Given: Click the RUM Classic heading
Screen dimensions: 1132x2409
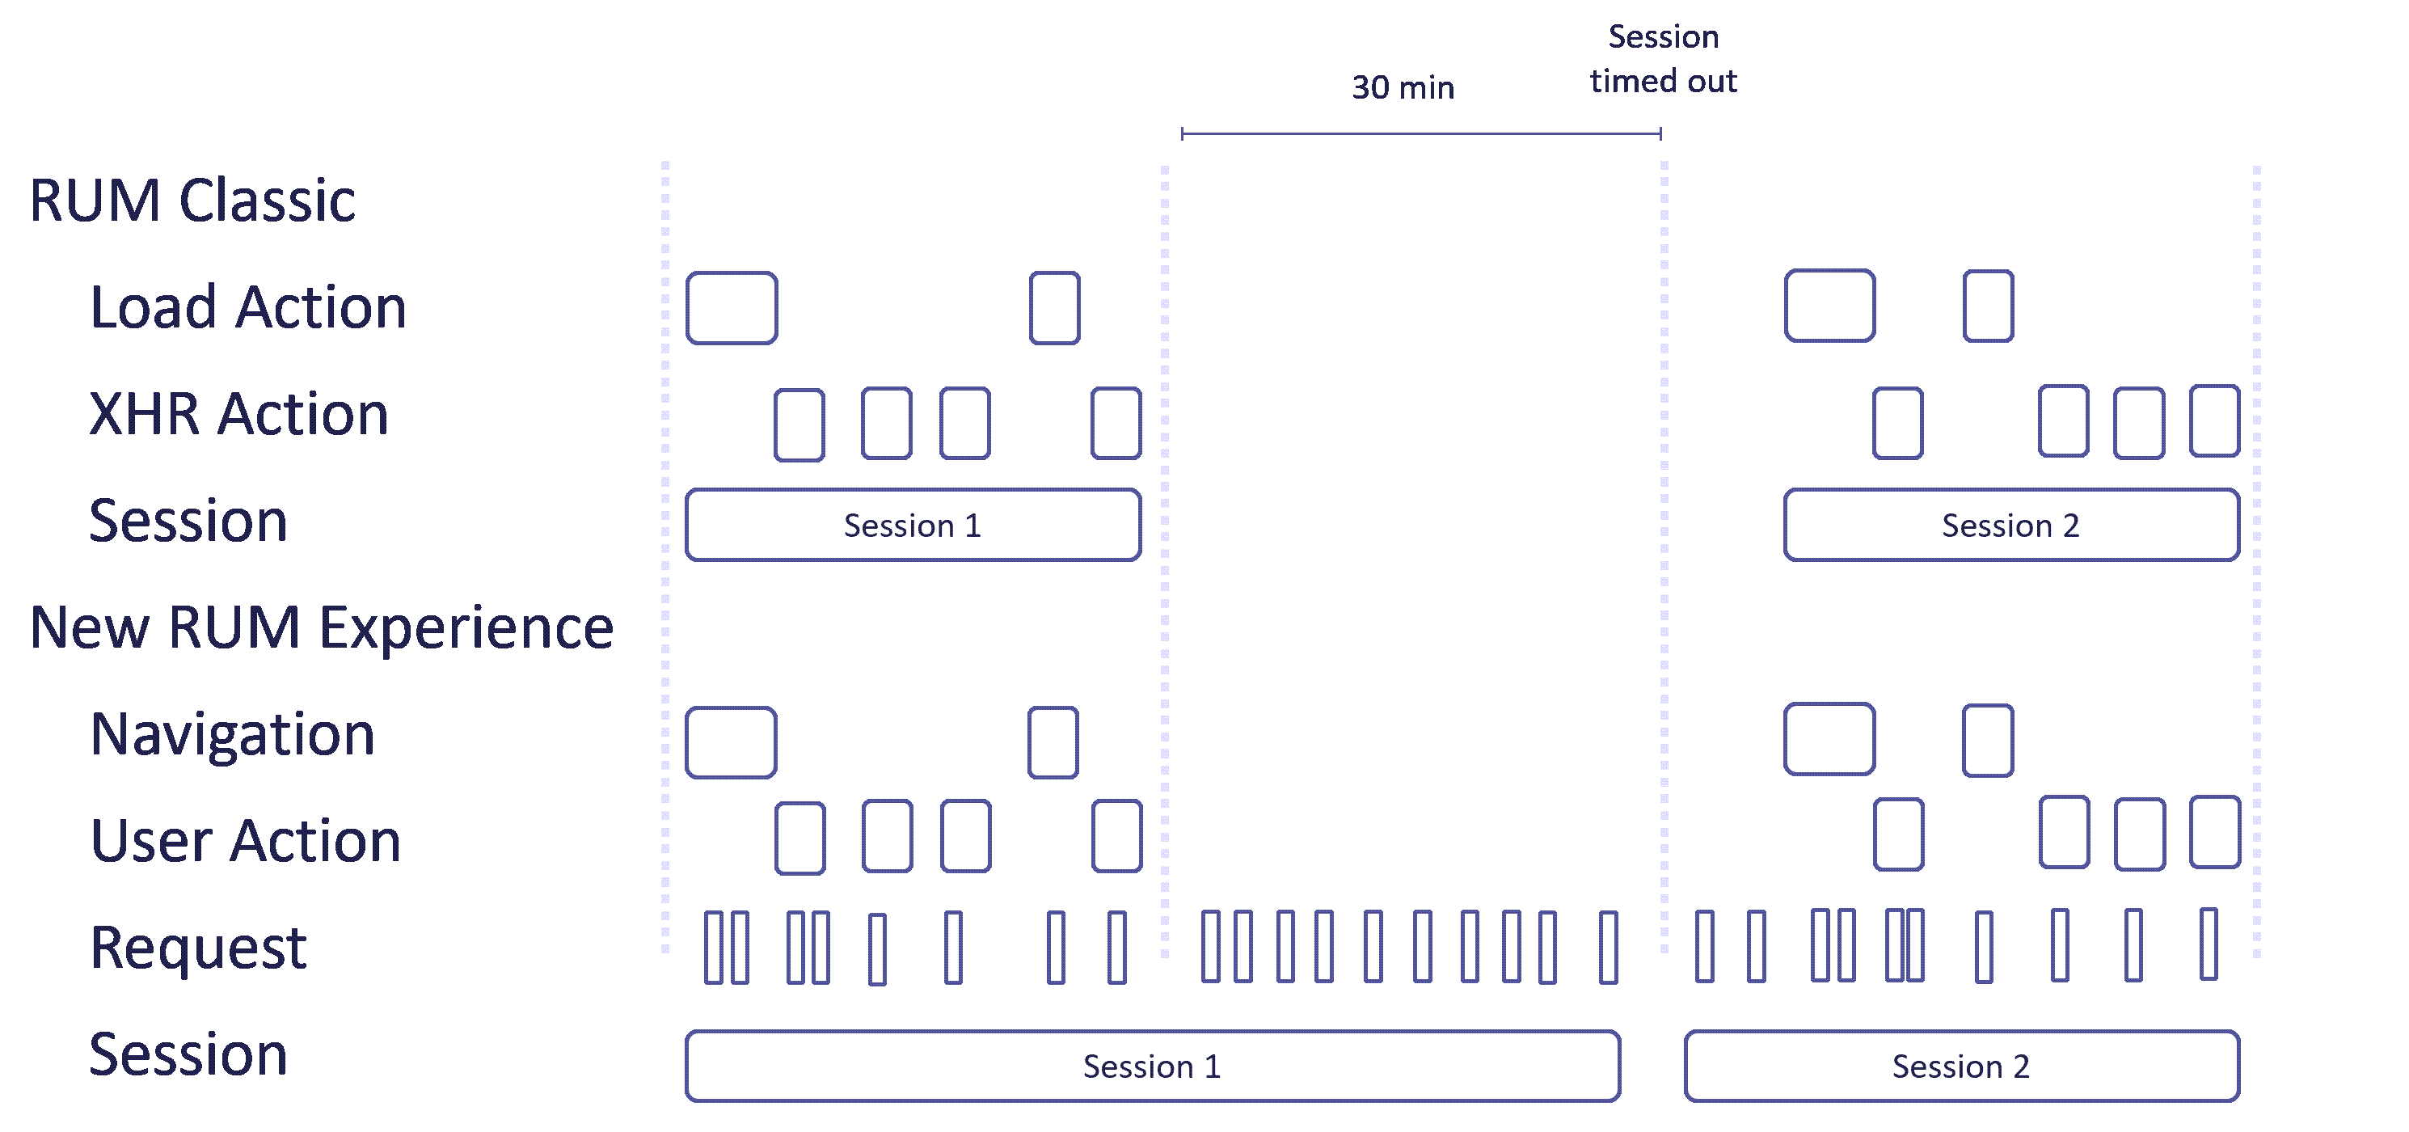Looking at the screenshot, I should pyautogui.click(x=192, y=201).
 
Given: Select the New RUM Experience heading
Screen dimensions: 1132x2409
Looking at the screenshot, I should pyautogui.click(x=322, y=627).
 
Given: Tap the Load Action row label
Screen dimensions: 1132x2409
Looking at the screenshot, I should pyautogui.click(x=248, y=307).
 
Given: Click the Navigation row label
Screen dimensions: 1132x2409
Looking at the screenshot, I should pyautogui.click(x=232, y=734).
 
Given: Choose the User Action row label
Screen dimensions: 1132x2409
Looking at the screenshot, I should pyautogui.click(x=245, y=840).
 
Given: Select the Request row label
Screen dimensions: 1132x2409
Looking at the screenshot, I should pyautogui.click(x=197, y=947).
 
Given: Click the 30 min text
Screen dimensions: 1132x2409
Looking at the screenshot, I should pyautogui.click(x=1403, y=88).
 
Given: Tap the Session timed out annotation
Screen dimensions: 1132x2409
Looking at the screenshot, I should pyautogui.click(x=1663, y=59).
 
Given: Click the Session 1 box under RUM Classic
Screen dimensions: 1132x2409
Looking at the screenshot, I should pyautogui.click(x=913, y=525).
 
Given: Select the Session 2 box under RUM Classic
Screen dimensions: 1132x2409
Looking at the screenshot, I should pyautogui.click(x=2010, y=525).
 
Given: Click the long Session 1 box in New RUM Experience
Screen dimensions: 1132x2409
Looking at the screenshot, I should pyautogui.click(x=1152, y=1066).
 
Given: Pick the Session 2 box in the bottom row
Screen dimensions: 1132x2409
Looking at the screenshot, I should pyautogui.click(x=1961, y=1066).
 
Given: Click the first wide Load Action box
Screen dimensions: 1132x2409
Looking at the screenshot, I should pyautogui.click(x=732, y=308).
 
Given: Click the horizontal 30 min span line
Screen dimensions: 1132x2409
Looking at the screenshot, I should pyautogui.click(x=1420, y=133).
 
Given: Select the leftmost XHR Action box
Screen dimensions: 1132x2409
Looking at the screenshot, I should pyautogui.click(x=799, y=424).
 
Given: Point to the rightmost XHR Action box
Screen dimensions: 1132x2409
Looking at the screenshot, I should pyautogui.click(x=2214, y=421).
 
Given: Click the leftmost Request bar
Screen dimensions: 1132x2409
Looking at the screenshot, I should pyautogui.click(x=714, y=947).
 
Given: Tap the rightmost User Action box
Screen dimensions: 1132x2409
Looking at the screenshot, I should pyautogui.click(x=2214, y=832).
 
